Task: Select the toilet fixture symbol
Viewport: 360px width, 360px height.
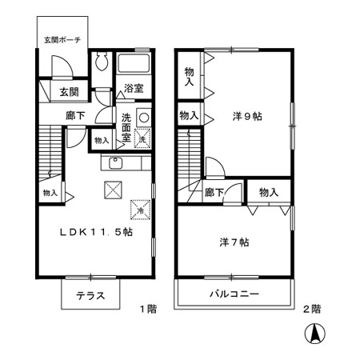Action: [x=101, y=63]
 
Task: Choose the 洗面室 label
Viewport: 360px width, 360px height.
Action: [x=126, y=126]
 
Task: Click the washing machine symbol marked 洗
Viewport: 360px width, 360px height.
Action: [x=142, y=138]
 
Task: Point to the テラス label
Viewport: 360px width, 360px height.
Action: [x=91, y=294]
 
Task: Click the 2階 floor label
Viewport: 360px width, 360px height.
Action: [x=311, y=308]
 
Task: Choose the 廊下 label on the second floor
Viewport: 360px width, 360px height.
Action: [x=214, y=192]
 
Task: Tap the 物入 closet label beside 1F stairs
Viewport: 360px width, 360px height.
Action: [x=50, y=193]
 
